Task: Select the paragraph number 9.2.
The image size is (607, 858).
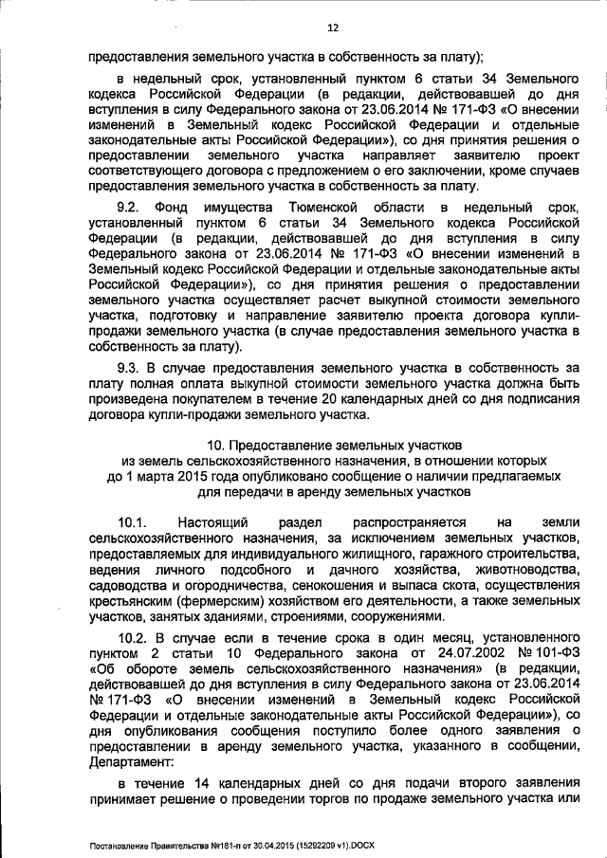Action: coord(129,207)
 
